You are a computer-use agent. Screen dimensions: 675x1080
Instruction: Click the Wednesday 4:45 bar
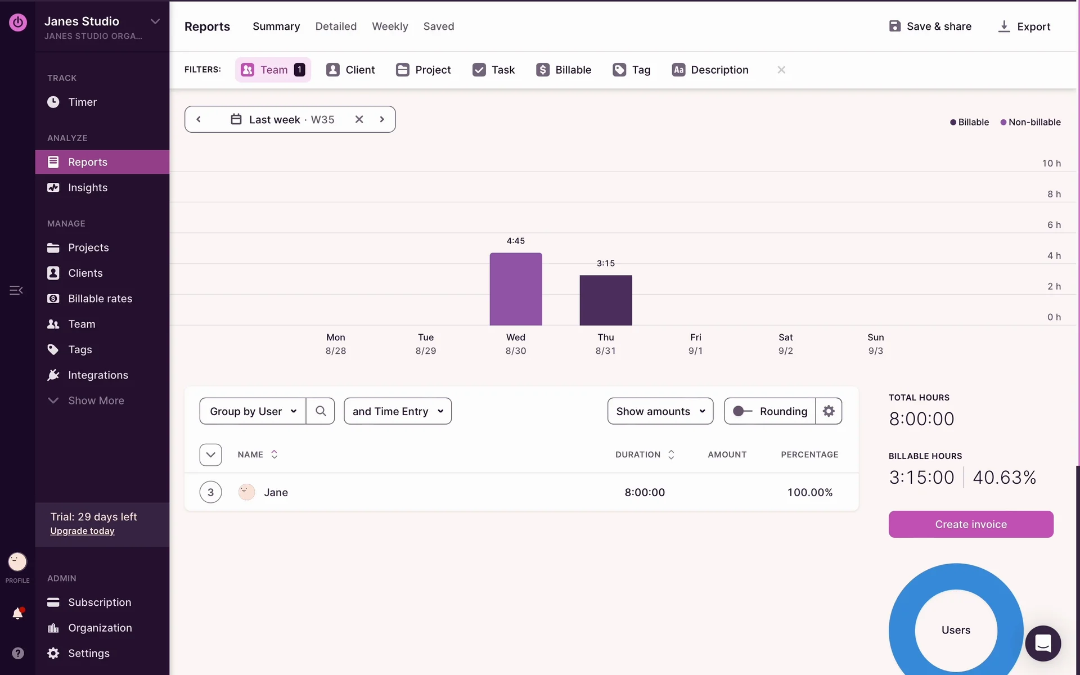pyautogui.click(x=515, y=289)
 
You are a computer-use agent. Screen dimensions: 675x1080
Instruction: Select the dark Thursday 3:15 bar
pyautogui.click(x=605, y=300)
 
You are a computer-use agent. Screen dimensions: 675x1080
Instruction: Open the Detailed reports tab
pyautogui.click(x=336, y=26)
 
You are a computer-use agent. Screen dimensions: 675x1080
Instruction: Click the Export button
pyautogui.click(x=1024, y=26)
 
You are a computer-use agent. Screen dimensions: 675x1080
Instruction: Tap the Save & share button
pyautogui.click(x=930, y=26)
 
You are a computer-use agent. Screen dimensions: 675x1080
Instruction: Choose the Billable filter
pyautogui.click(x=564, y=70)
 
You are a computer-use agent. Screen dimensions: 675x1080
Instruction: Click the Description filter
pyautogui.click(x=710, y=70)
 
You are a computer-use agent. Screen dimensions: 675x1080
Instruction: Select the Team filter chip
pyautogui.click(x=273, y=70)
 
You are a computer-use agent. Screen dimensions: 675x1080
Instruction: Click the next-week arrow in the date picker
pyautogui.click(x=382, y=119)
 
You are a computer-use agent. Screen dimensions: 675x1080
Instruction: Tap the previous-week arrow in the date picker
pyautogui.click(x=199, y=119)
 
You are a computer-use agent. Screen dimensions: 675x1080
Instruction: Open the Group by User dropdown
pyautogui.click(x=253, y=411)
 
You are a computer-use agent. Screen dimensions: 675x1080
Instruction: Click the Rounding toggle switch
pyautogui.click(x=742, y=411)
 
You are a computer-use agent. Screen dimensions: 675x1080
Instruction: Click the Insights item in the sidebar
pyautogui.click(x=88, y=188)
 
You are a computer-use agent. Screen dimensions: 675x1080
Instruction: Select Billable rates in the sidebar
pyautogui.click(x=100, y=299)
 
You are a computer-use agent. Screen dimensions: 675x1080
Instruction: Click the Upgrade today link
pyautogui.click(x=82, y=531)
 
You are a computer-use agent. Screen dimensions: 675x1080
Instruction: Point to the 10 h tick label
pyautogui.click(x=1051, y=164)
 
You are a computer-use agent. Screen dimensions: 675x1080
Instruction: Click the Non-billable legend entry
pyautogui.click(x=1030, y=122)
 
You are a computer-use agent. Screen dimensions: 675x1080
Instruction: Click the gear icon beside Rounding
pyautogui.click(x=829, y=411)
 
